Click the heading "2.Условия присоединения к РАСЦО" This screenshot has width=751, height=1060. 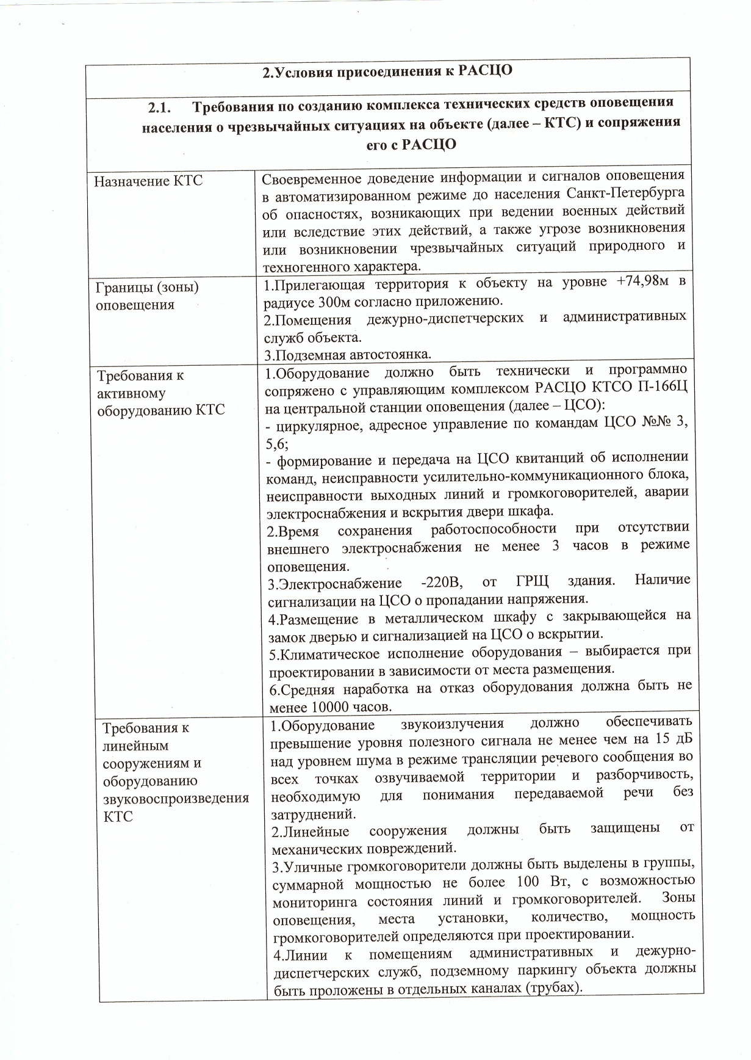point(387,71)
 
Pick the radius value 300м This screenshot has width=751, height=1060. point(332,301)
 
